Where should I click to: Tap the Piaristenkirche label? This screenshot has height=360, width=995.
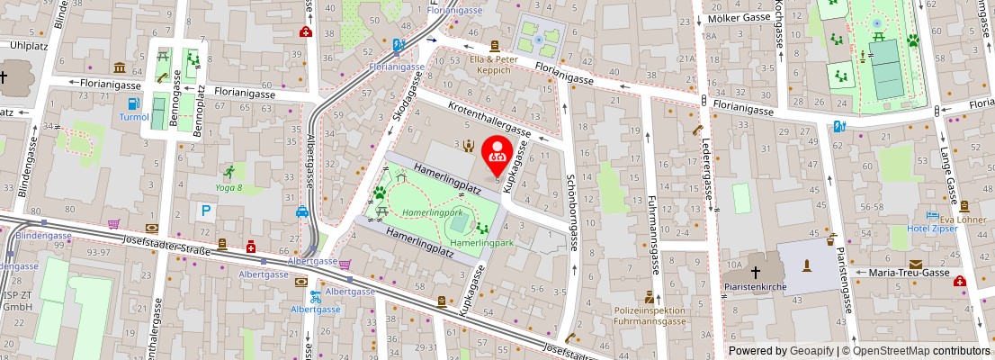coord(756,288)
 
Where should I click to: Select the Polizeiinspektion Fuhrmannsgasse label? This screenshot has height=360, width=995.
coord(649,316)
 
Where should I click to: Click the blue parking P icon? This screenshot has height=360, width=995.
coord(206,210)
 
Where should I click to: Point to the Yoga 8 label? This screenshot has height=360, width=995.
coord(229,188)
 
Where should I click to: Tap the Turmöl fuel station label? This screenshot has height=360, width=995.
coord(134,117)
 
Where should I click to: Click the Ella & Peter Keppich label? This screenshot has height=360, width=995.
coord(495,64)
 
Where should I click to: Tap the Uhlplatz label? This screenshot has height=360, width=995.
coord(27,44)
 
